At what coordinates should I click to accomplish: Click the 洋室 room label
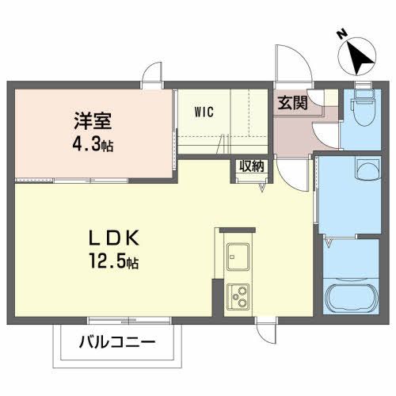(x=93, y=123)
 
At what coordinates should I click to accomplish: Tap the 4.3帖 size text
(x=93, y=146)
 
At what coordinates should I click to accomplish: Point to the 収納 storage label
(x=252, y=166)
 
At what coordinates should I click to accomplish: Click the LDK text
(x=114, y=237)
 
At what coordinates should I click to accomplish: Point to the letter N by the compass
(x=341, y=34)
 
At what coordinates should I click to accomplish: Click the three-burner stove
(x=238, y=298)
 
